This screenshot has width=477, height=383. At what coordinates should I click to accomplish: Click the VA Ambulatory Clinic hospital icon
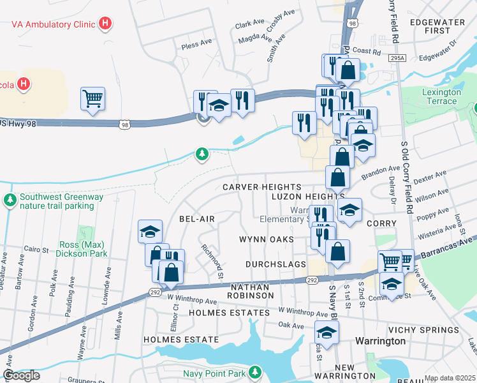point(106,24)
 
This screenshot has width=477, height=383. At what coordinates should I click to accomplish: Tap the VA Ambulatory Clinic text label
point(52,24)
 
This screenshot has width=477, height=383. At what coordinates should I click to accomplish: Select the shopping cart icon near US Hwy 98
point(92,99)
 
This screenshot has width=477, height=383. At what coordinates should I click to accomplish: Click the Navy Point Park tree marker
point(255,372)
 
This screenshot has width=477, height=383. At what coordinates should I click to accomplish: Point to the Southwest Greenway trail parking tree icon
point(10,201)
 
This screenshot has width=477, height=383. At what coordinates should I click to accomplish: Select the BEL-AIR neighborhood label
point(196,218)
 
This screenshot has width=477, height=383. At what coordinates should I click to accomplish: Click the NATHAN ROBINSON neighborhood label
point(252,292)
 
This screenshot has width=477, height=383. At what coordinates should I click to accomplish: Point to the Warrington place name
point(380,341)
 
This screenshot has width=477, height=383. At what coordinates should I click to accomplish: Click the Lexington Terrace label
point(441,96)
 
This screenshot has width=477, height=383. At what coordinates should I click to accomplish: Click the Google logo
point(22,375)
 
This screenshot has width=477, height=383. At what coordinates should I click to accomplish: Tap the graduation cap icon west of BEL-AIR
point(150,231)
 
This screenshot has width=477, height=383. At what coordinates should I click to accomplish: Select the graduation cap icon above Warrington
point(327,332)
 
